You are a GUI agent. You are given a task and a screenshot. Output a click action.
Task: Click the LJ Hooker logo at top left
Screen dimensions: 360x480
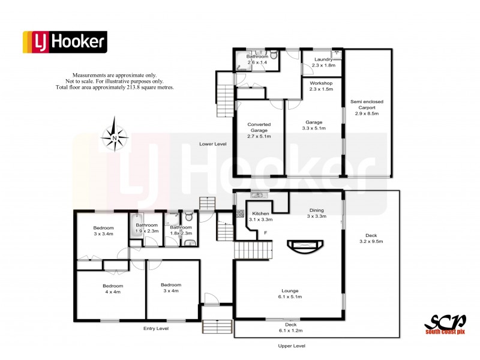coord(64,42)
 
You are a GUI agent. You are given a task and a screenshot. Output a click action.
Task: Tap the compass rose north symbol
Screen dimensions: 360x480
coord(115,137)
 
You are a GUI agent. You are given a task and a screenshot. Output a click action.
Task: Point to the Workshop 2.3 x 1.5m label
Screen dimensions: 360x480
coord(322,85)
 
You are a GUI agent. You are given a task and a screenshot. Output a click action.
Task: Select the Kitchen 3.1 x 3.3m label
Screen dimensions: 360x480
coord(260,217)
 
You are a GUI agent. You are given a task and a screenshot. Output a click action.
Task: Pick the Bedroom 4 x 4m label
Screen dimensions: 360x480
coord(112,289)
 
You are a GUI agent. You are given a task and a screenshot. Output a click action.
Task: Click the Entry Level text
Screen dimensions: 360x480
coord(156,329)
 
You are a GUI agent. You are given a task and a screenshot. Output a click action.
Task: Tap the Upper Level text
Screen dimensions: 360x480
coord(292,346)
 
